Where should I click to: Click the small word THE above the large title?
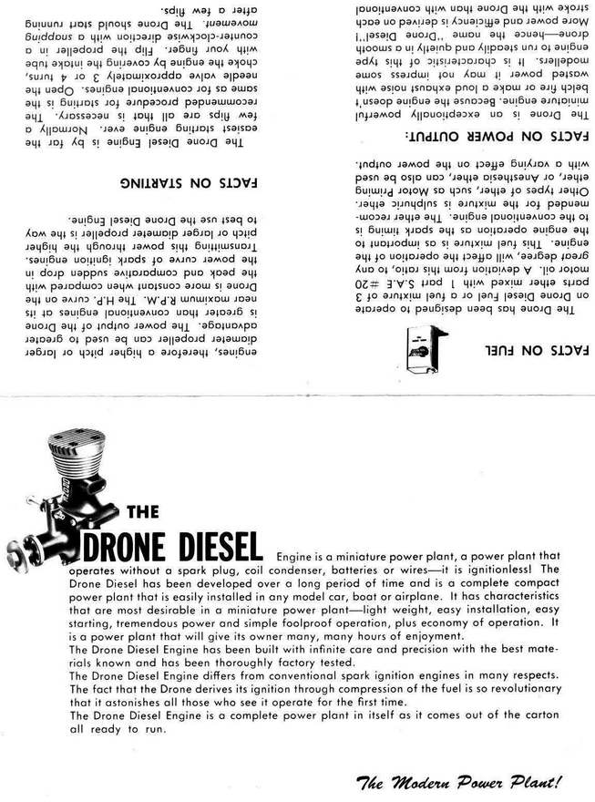click(x=143, y=510)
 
